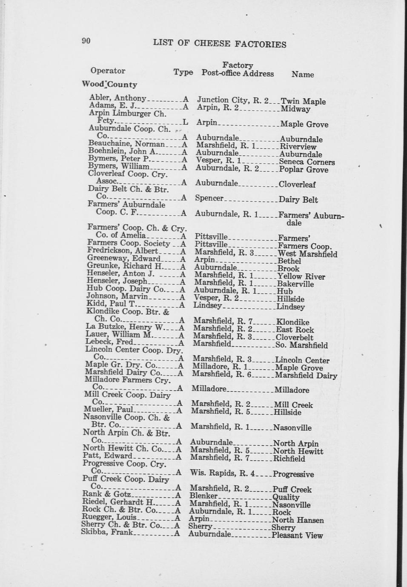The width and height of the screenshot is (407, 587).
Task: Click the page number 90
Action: [x=86, y=41]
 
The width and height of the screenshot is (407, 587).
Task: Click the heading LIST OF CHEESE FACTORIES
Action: [x=219, y=44]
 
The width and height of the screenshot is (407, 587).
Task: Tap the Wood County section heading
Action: [x=109, y=84]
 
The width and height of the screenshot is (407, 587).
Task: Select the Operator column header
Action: [x=108, y=71]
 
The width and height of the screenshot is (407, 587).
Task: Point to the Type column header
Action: [x=183, y=72]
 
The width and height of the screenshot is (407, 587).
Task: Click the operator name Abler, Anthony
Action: [x=118, y=98]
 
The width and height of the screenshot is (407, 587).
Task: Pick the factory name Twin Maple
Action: [x=303, y=101]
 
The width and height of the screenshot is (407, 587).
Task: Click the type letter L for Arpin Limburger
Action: [x=185, y=122]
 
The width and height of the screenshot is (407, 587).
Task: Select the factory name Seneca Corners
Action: [x=307, y=162]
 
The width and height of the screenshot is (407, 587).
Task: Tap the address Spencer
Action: [x=209, y=198]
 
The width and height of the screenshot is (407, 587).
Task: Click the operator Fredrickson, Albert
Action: [x=123, y=251]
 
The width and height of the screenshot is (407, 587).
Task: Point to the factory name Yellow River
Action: [x=301, y=276]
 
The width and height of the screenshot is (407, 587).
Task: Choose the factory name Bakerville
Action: [x=295, y=284]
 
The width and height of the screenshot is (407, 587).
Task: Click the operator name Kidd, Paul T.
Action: [x=111, y=304]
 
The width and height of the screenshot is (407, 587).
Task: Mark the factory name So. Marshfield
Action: [x=301, y=345]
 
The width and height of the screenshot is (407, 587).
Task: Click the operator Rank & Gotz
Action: [x=106, y=494]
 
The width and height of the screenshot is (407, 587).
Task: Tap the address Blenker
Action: [x=203, y=496]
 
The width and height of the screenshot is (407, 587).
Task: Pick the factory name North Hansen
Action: [x=298, y=520]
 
